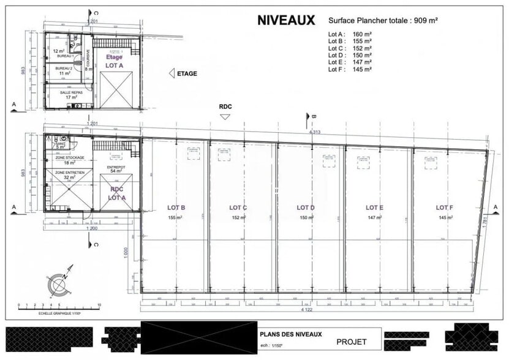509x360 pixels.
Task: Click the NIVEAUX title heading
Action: (285, 20)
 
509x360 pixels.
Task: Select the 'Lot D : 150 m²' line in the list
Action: (350, 55)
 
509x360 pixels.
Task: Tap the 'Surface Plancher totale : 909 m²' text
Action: (383, 20)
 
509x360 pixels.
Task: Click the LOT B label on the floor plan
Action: (176, 208)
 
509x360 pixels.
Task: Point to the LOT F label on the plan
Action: (445, 208)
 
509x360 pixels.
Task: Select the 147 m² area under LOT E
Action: (375, 218)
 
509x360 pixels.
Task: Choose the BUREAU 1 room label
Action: (64, 56)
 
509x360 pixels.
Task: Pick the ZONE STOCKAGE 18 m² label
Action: (69, 160)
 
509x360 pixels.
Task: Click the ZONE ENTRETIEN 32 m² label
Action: (69, 175)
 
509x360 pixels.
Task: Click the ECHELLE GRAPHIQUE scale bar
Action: (59, 306)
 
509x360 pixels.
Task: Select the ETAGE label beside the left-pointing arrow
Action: (186, 73)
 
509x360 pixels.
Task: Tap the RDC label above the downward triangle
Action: (226, 106)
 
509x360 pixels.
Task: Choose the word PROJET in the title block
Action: (352, 342)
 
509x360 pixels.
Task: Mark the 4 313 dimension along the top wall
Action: (315, 132)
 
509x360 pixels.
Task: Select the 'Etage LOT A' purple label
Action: (115, 61)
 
